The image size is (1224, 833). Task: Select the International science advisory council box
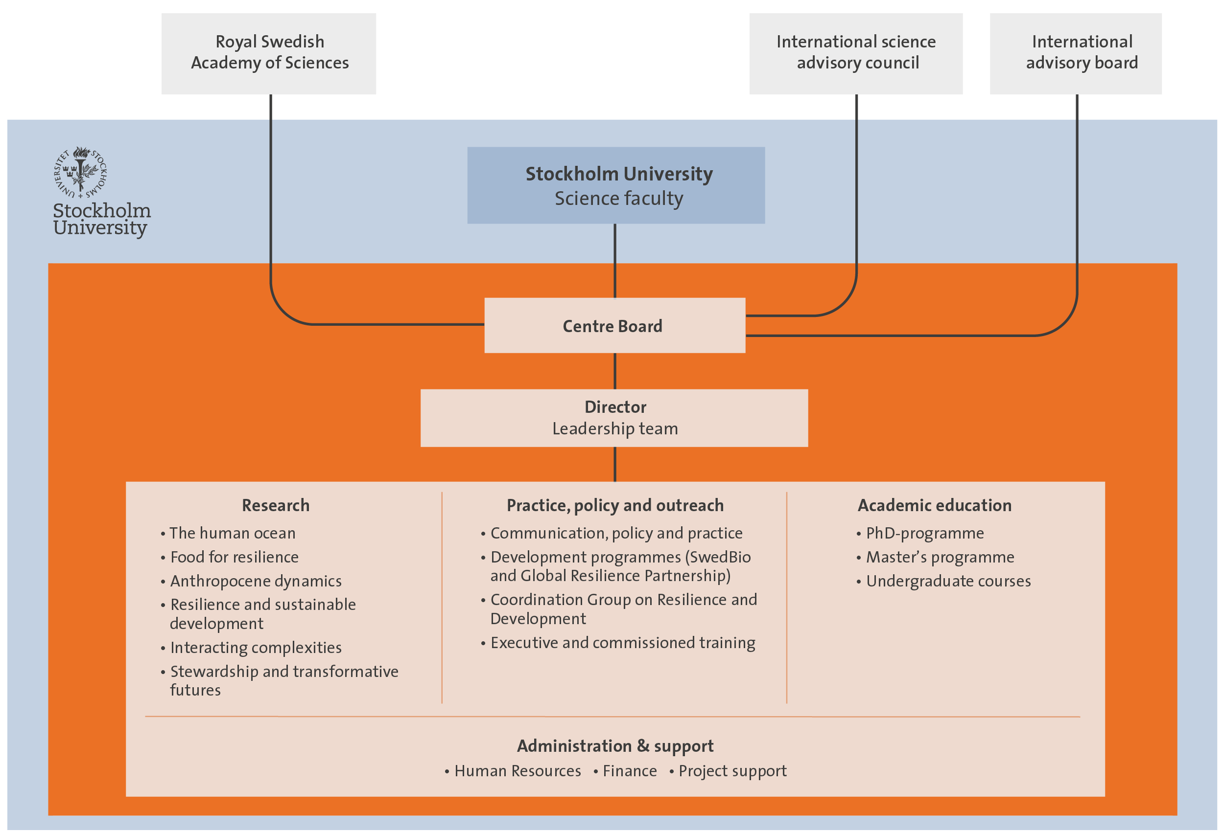coord(855,53)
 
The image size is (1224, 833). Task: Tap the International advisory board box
coord(1075,53)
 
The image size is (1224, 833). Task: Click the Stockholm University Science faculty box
coord(616,185)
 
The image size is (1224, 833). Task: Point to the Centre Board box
coord(614,325)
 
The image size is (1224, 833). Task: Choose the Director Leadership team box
coord(614,418)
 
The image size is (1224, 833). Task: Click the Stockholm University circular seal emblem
coord(80,172)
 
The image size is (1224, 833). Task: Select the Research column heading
coord(276,505)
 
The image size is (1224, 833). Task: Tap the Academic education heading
coord(934,505)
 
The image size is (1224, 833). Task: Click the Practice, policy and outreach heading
coord(614,505)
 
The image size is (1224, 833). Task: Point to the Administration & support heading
coord(614,745)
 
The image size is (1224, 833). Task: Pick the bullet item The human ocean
coord(232,533)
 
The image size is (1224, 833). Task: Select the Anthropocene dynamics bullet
coord(256,581)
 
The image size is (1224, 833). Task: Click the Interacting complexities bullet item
coord(256,647)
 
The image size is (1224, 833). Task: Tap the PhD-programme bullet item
coord(924,533)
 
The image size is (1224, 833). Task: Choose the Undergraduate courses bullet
coord(948,581)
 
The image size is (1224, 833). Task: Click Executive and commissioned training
coord(623,643)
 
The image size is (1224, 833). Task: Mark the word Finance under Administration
coord(629,771)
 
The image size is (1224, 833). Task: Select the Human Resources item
coord(517,771)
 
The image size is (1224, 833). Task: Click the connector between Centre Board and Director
coord(614,371)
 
